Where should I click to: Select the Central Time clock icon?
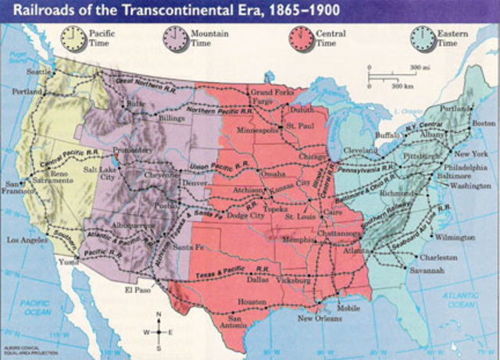[x=300, y=37]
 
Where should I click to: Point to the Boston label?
[x=484, y=123]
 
